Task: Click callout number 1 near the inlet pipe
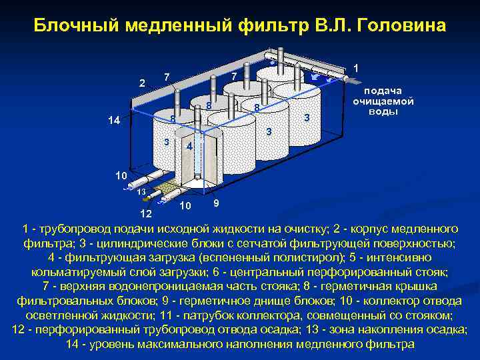point(357,68)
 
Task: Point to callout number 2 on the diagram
point(141,83)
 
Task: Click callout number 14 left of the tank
point(115,121)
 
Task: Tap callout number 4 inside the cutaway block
point(189,146)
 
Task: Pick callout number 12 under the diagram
point(145,214)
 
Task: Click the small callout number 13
point(141,192)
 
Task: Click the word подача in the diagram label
point(382,91)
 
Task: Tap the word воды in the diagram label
point(382,111)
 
